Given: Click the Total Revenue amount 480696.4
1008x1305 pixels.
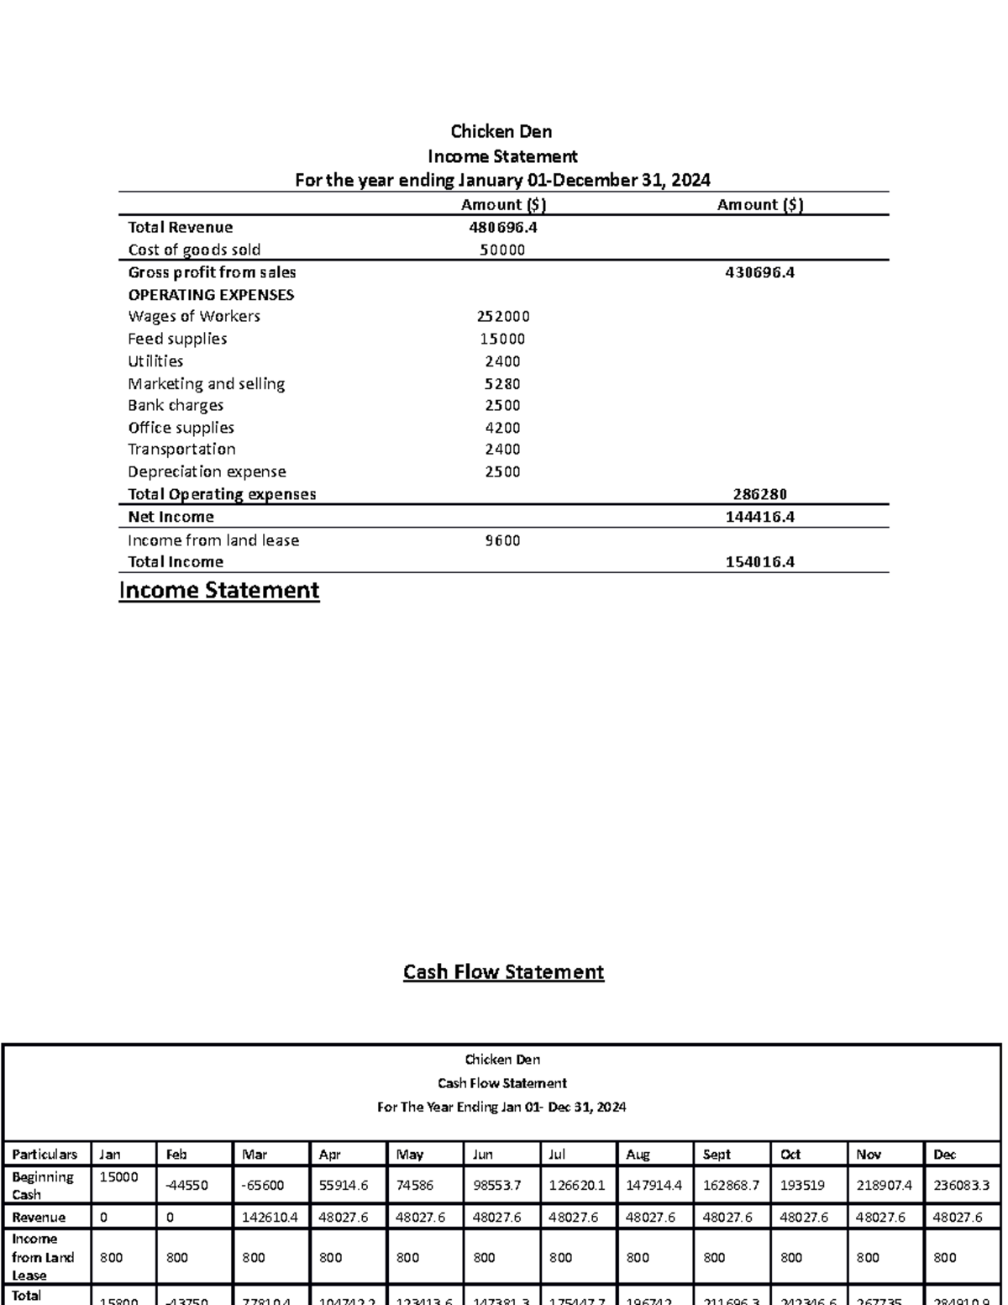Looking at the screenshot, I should pos(502,227).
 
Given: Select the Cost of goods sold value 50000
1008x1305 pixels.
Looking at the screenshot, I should pos(502,250).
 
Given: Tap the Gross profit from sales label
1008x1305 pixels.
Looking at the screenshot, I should pos(212,272).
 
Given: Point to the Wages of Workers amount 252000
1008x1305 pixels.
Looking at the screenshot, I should pos(502,317).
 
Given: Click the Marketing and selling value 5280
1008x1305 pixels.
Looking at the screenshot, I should pos(502,384).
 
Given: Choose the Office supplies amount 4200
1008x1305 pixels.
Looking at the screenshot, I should pos(502,428).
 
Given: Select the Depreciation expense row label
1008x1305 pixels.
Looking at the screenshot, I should pos(207,471).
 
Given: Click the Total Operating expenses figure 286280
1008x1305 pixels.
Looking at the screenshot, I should pos(759,494).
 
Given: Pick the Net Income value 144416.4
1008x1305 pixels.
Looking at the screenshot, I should pos(759,517).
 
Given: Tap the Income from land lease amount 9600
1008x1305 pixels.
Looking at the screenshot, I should pos(502,540).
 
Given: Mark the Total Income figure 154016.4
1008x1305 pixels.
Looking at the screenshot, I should pos(759,562).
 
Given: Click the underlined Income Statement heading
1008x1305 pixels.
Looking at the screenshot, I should pos(219,591).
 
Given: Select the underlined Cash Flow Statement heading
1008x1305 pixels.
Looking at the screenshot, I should pos(503,972).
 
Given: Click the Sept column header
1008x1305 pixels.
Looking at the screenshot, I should pos(717,1155).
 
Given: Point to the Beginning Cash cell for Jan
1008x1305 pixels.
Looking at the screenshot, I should pos(118,1177).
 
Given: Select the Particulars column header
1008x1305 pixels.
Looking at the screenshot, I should pos(45,1155).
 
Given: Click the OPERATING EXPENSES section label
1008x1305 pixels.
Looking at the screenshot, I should pos(211,295).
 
